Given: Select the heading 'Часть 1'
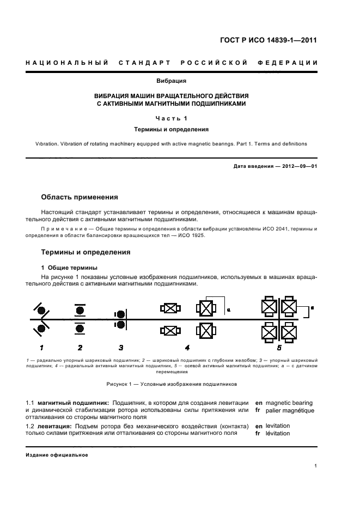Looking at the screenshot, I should coord(172,118).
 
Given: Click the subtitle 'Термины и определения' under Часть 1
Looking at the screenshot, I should coord(172,130).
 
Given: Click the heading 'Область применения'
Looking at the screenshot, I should coord(80,197).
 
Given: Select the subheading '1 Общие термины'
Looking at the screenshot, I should coord(70,268).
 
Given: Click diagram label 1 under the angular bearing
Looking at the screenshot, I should coord(41,347).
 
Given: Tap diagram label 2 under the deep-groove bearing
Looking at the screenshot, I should coord(80,347).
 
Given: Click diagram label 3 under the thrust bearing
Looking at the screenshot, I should coord(121,347).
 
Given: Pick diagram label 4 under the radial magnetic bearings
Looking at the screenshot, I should coord(187,347).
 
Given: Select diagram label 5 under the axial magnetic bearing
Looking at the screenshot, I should coord(279,347).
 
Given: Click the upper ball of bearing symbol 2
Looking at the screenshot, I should coord(80,310).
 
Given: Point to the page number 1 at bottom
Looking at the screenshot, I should coord(316,466).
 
